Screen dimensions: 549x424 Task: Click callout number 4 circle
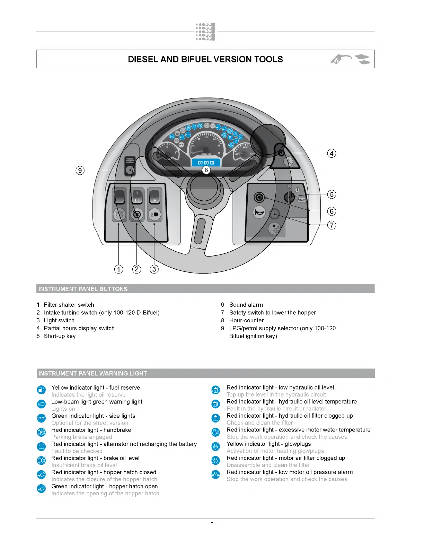(x=332, y=153)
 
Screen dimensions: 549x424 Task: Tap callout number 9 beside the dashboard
(x=80, y=170)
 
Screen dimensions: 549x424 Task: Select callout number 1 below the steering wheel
(x=118, y=269)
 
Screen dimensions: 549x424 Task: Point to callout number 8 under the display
(x=206, y=170)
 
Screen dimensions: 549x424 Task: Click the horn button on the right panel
(x=259, y=212)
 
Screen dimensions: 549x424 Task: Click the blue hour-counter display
(x=206, y=162)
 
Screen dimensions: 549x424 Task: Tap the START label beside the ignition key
(x=302, y=200)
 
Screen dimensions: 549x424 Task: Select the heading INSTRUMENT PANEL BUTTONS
(x=83, y=289)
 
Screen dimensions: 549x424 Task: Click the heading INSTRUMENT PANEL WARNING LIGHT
(x=92, y=373)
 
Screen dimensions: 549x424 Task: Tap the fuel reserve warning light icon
(x=41, y=390)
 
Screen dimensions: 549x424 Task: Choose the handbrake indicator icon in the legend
(x=41, y=432)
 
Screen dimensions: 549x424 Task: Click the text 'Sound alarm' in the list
(x=246, y=305)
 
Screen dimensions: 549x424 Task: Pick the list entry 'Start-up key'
(x=60, y=336)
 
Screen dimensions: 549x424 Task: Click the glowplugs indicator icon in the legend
(x=215, y=446)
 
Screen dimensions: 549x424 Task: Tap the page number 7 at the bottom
(x=212, y=523)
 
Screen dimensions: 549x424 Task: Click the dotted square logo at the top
(x=205, y=32)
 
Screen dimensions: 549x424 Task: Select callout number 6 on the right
(x=332, y=211)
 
